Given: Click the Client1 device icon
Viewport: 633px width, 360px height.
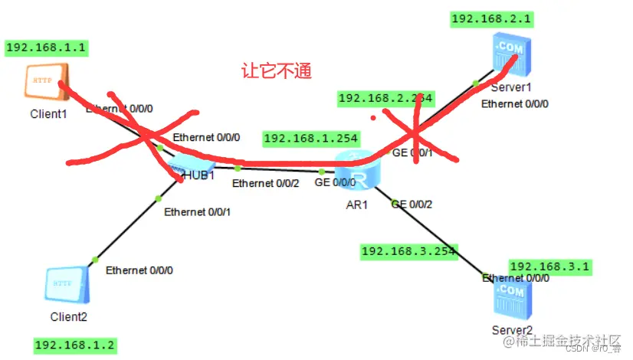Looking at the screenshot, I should [48, 82].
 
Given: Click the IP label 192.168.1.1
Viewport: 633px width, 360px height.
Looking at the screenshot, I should [46, 47].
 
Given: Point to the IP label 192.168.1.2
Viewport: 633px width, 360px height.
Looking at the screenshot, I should [75, 345].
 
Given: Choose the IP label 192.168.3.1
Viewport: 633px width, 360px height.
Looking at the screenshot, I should [549, 266].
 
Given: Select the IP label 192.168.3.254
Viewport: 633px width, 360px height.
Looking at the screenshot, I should [408, 250].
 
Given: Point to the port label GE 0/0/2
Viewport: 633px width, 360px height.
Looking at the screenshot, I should [412, 205].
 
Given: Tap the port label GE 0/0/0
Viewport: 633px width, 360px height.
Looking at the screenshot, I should [335, 183].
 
